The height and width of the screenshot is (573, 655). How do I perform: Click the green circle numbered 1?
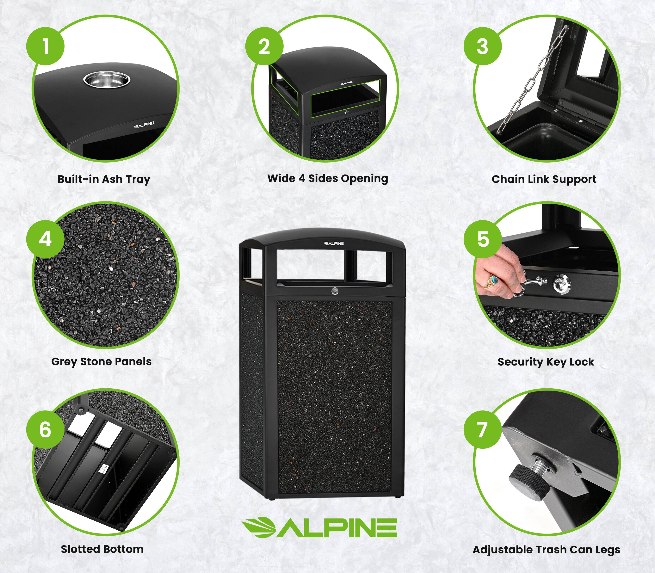[45, 46]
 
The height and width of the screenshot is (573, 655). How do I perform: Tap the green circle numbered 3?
[483, 46]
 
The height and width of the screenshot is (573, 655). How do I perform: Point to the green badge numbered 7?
[483, 429]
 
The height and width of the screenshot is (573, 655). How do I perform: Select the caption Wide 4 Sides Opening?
[327, 178]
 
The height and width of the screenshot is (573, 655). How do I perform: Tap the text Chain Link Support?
[544, 179]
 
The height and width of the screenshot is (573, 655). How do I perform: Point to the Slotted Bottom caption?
[102, 549]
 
